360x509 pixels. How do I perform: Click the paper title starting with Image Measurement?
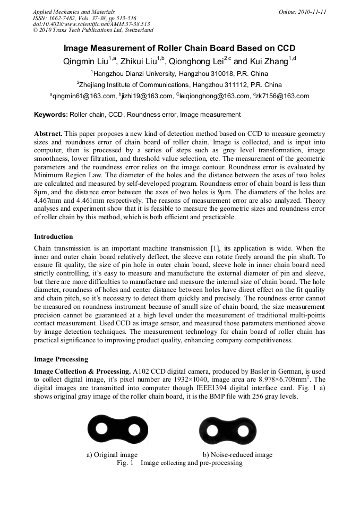(179, 48)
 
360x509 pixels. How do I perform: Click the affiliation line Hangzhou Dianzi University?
(179, 73)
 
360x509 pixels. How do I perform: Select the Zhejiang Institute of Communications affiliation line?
(179, 84)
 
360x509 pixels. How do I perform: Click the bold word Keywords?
(51, 114)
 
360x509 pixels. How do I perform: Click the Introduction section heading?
(54, 236)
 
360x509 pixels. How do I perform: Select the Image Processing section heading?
(61, 359)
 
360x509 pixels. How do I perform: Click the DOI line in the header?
(91, 24)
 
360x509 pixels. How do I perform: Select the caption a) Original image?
(112, 455)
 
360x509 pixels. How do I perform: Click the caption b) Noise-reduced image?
(237, 455)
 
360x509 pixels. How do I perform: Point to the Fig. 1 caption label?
(125, 463)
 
